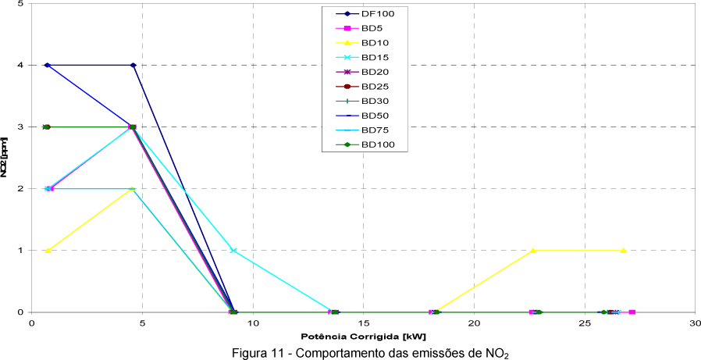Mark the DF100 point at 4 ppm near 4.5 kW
pyautogui.click(x=133, y=65)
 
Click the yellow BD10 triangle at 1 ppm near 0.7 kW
pyautogui.click(x=48, y=250)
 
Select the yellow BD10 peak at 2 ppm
pyautogui.click(x=132, y=188)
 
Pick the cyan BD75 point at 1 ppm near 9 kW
pyautogui.click(x=233, y=250)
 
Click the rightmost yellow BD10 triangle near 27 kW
pyautogui.click(x=623, y=250)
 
